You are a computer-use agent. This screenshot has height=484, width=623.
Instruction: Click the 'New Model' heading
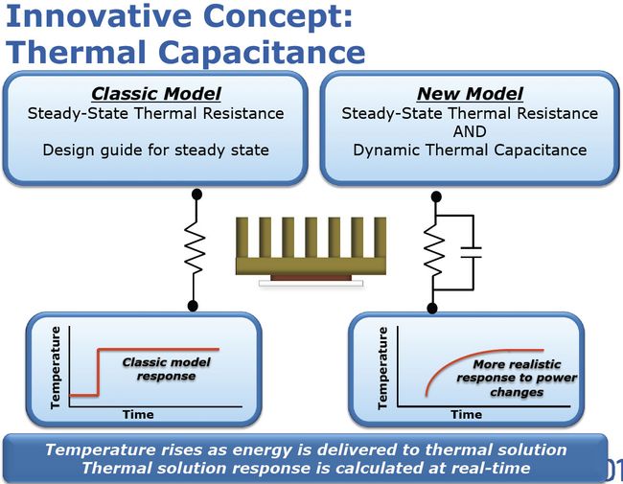(x=470, y=94)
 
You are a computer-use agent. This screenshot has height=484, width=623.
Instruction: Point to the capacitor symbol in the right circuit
(x=471, y=252)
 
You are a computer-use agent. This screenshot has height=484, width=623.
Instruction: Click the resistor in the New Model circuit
(x=433, y=251)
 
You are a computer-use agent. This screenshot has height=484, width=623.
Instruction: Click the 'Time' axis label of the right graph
(x=466, y=414)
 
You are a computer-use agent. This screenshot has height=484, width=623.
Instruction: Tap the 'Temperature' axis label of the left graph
(x=57, y=367)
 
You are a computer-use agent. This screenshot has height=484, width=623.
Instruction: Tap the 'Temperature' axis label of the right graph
(x=383, y=368)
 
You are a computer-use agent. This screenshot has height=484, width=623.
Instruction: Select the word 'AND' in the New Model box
(x=470, y=131)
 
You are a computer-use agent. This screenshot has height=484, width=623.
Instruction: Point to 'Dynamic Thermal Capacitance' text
(x=470, y=150)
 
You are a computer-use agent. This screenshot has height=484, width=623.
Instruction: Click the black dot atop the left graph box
(x=193, y=305)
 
